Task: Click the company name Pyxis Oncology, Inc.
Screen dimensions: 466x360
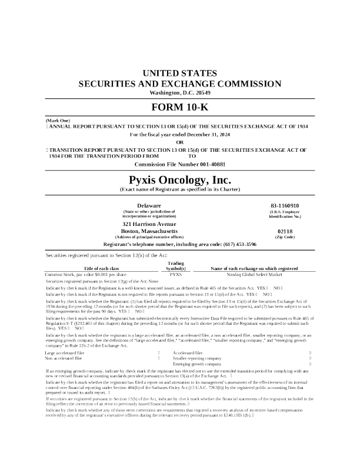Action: point(180,179)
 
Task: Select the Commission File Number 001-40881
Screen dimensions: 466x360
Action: point(180,164)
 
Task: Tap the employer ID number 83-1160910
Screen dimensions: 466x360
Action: point(285,205)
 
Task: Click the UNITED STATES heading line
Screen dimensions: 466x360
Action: point(180,74)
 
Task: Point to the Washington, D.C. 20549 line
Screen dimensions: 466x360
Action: point(180,93)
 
